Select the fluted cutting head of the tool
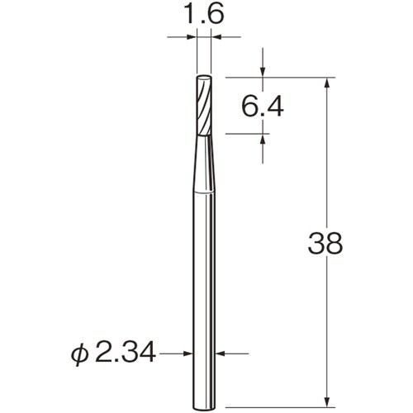point(204,106)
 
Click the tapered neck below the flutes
point(204,165)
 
